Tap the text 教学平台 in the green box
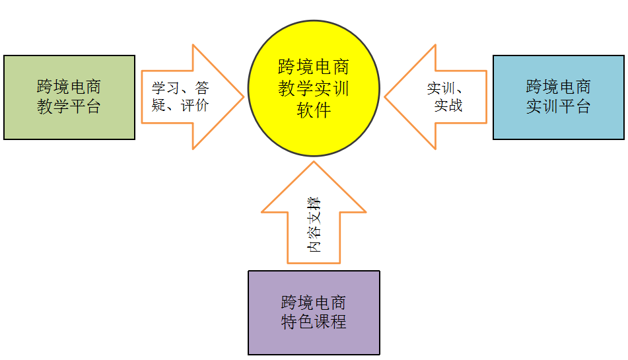(69, 106)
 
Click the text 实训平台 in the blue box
(558, 106)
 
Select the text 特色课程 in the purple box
(314, 322)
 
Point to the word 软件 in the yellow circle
(314, 109)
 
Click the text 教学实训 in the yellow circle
(314, 89)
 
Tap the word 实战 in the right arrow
(448, 105)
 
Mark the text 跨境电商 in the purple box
(314, 303)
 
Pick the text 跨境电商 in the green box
(69, 87)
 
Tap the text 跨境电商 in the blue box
(558, 87)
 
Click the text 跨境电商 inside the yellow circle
(314, 67)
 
